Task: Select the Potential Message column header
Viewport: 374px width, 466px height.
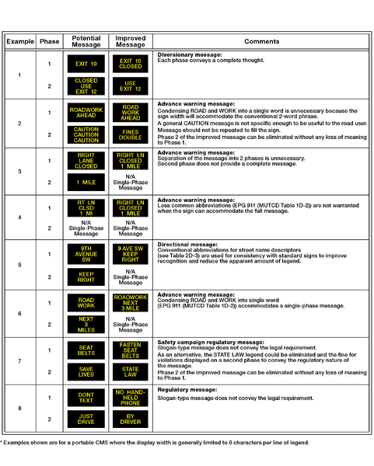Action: [86, 41]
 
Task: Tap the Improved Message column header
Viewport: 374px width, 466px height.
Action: [130, 41]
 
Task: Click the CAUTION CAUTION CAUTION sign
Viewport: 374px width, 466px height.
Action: [86, 134]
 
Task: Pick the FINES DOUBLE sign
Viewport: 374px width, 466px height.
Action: [130, 134]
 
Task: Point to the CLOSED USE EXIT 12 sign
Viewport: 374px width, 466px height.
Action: [86, 85]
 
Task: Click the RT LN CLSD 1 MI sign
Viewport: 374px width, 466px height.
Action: [86, 208]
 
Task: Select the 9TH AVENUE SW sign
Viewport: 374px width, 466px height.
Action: [86, 255]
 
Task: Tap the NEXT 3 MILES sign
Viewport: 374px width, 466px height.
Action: [86, 324]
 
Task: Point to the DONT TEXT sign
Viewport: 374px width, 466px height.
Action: [86, 398]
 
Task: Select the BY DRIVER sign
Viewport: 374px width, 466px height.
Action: [130, 419]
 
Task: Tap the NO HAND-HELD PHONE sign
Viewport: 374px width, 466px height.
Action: [130, 398]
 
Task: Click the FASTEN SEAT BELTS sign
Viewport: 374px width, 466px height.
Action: [130, 349]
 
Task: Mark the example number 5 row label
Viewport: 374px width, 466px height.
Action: [19, 264]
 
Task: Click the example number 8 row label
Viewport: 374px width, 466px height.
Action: [19, 408]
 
